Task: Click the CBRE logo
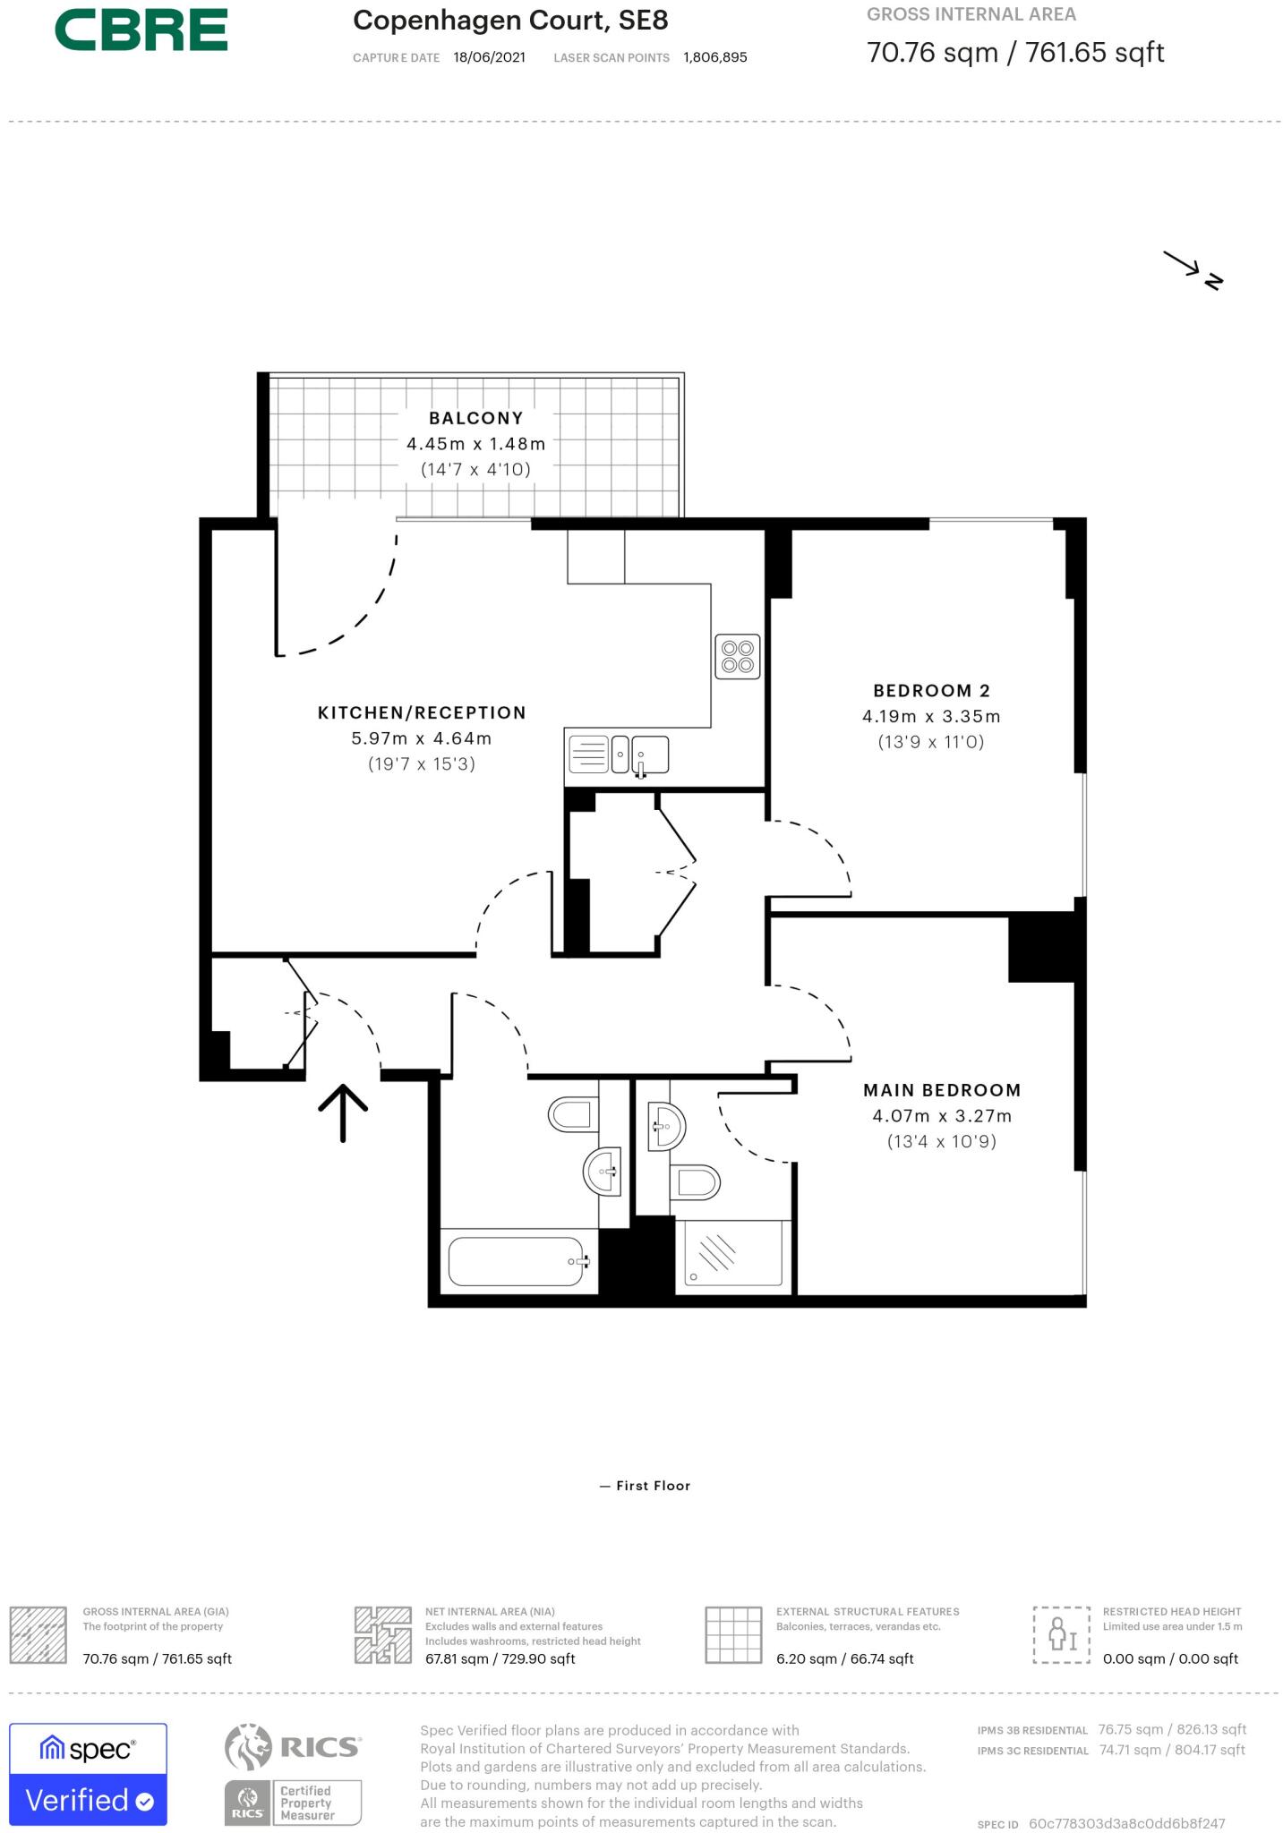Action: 141,30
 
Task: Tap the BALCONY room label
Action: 475,418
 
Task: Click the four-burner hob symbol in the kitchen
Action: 739,656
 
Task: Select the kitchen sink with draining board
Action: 618,755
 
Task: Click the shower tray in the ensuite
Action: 733,1253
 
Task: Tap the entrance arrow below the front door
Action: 343,1113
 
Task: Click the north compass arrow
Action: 1192,269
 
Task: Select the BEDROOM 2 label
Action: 931,690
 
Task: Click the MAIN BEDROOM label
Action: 941,1090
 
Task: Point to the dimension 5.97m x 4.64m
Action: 421,738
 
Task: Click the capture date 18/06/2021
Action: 489,57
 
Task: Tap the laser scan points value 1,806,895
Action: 714,57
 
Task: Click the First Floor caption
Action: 646,1485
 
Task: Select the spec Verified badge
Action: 88,1773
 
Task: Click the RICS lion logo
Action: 248,1747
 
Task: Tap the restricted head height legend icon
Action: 1061,1634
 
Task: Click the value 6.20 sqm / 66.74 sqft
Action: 844,1658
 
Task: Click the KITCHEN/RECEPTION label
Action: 422,712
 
